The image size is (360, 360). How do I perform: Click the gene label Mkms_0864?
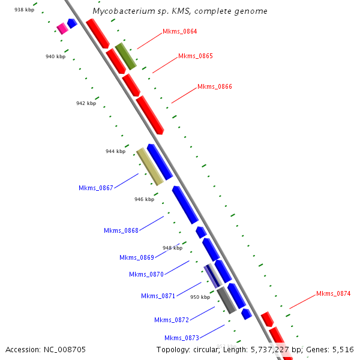[x=179, y=31]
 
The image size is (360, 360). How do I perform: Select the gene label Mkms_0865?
[x=195, y=56]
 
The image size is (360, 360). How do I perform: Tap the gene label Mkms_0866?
[x=214, y=86]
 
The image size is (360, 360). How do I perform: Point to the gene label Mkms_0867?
[x=95, y=188]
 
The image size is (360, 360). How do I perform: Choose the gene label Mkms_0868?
[x=121, y=230]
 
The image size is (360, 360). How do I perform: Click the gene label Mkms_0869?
[x=136, y=257]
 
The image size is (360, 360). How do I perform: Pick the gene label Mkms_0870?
[x=146, y=274]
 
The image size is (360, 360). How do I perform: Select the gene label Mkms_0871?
[x=158, y=296]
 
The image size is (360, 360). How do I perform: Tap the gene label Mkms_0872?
[x=171, y=320]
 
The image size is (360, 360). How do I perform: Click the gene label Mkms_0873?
[x=181, y=338]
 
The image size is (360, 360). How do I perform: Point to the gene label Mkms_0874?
[x=333, y=293]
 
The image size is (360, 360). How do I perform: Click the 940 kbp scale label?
[x=55, y=56]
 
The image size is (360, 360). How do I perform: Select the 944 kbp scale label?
[x=115, y=151]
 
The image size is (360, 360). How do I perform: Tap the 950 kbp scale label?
[x=200, y=296]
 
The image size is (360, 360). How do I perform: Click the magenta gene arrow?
[x=61, y=28]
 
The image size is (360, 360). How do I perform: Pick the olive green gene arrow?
[x=126, y=56]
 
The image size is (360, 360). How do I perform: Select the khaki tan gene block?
[x=149, y=166]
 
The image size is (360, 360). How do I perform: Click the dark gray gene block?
[x=226, y=299]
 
